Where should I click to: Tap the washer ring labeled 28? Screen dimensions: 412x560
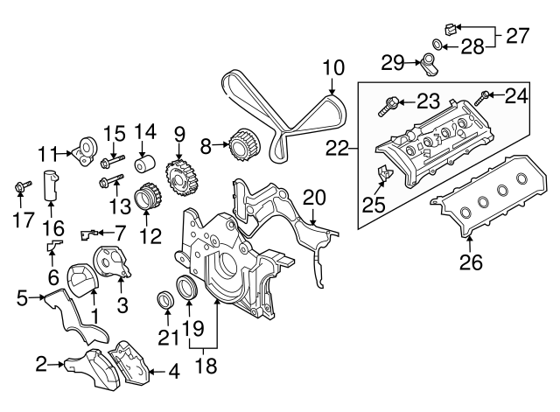pos(437,44)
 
